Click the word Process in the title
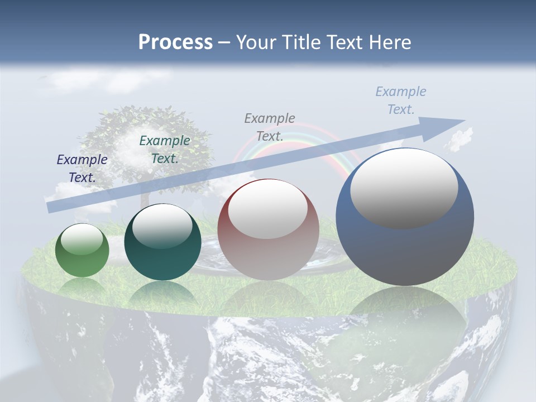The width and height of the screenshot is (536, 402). [175, 42]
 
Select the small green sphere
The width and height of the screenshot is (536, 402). [82, 251]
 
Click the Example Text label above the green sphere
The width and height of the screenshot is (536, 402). [82, 169]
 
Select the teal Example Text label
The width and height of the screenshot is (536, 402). [164, 150]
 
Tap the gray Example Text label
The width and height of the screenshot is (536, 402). [270, 127]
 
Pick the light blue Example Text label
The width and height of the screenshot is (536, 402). [401, 100]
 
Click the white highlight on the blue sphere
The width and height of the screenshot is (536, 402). [404, 189]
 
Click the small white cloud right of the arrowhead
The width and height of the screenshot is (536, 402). [460, 140]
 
